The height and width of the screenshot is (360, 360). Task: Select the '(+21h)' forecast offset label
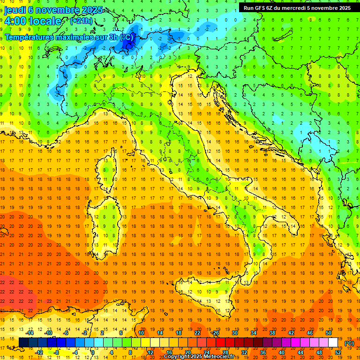click(x=81, y=21)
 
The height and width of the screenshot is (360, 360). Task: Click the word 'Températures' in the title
click(x=30, y=37)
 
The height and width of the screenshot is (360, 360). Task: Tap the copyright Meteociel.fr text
click(x=202, y=357)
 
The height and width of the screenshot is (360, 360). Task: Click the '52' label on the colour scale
click(x=338, y=352)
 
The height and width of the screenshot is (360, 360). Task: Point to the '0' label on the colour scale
click(x=93, y=352)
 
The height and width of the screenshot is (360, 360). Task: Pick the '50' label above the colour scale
click(x=329, y=333)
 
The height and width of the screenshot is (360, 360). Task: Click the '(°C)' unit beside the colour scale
click(x=349, y=343)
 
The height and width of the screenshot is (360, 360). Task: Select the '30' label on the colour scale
click(x=235, y=333)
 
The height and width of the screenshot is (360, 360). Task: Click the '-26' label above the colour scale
click(x=215, y=333)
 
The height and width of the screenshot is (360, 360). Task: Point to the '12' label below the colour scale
click(x=150, y=352)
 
